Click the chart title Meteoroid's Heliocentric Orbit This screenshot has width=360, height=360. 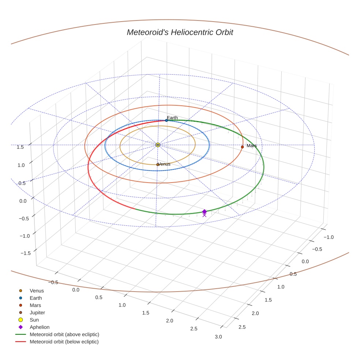tap(180, 33)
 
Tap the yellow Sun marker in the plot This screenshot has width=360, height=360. tap(158, 145)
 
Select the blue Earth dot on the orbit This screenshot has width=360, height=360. tap(166, 120)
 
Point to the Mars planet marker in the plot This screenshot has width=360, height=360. tap(242, 147)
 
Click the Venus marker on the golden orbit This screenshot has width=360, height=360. tap(158, 165)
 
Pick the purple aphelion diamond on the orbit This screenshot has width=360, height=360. tap(204, 211)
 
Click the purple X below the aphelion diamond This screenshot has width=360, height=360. tap(204, 215)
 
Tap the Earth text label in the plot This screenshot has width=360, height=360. tap(172, 118)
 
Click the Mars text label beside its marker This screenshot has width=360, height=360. tap(252, 146)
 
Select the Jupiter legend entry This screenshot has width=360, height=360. tap(37, 313)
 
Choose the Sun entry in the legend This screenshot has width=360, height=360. tap(34, 320)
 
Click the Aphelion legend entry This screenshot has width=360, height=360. tap(40, 327)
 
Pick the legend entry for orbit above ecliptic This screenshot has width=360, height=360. tap(64, 334)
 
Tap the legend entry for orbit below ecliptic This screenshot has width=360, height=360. tap(64, 342)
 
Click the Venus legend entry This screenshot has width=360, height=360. tap(37, 291)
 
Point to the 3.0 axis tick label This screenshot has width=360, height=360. tap(218, 337)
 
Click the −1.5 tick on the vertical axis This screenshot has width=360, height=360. tap(25, 253)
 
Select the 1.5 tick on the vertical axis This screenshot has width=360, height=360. tap(20, 147)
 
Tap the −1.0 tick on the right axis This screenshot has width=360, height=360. tap(329, 237)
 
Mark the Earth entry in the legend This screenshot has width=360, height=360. tap(36, 298)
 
